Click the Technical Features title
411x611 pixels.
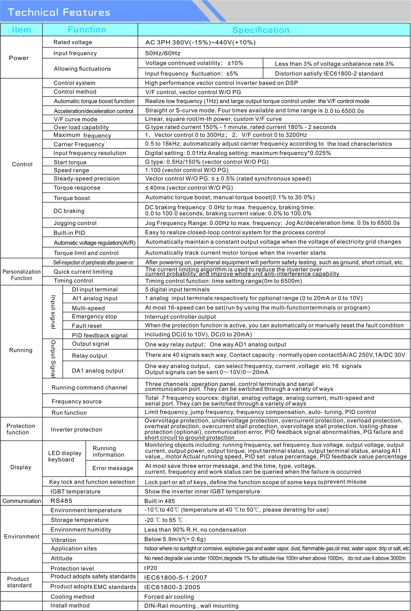point(59,12)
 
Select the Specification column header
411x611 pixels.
point(261,30)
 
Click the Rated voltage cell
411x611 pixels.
point(73,42)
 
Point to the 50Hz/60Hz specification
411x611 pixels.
point(163,53)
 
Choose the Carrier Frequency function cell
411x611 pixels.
point(79,144)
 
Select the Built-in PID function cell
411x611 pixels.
point(69,233)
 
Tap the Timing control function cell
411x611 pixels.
point(73,281)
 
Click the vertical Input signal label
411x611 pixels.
point(53,312)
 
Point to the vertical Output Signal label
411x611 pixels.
point(53,359)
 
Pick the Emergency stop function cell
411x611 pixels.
point(94,316)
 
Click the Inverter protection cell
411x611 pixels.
point(76,430)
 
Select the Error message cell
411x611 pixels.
point(113,468)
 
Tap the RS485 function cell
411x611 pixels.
point(61,501)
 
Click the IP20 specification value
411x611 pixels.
point(151,568)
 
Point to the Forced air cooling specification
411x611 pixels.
point(169,597)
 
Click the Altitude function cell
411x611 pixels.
point(62,558)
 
